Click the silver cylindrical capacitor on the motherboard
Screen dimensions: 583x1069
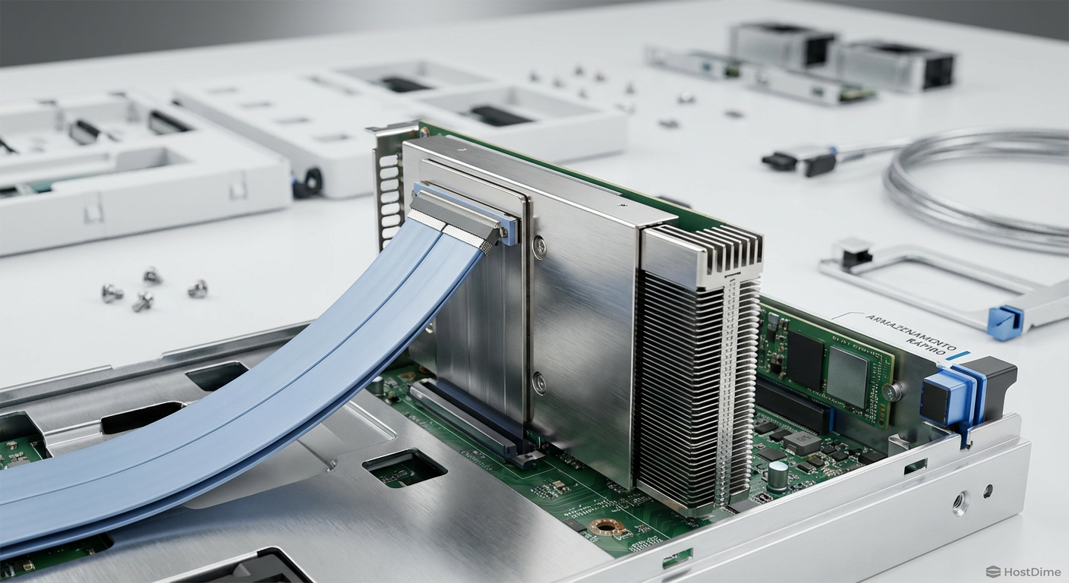point(778,475)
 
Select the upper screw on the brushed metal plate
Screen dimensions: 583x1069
point(539,245)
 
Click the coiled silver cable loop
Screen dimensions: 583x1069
point(979,190)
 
